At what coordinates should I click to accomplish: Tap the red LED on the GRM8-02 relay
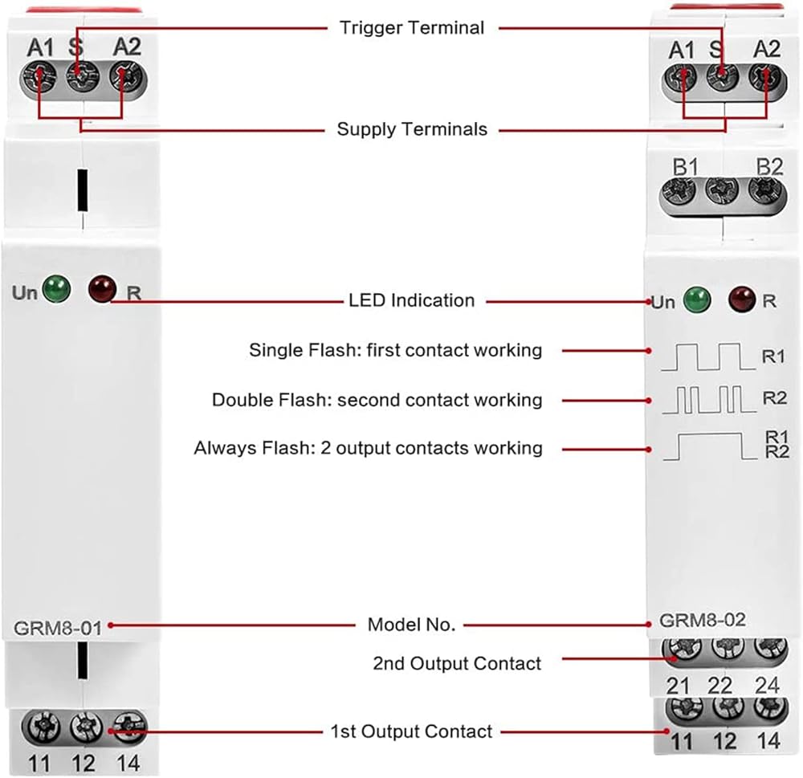coord(741,300)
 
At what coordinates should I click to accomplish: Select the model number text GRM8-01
coord(58,628)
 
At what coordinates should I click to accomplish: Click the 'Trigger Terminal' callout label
coord(412,28)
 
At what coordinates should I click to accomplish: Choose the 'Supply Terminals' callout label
coord(412,129)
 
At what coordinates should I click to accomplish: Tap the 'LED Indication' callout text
coord(411,300)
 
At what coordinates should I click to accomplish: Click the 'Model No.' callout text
coord(411,624)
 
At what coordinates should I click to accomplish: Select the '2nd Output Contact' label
coord(457,663)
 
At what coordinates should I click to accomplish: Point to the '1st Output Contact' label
coord(411,731)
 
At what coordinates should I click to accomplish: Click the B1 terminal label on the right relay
coord(685,167)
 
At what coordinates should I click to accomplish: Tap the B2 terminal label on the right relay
coord(768,167)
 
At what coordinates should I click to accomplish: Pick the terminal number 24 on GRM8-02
coord(768,685)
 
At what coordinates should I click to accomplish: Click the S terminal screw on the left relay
coord(78,79)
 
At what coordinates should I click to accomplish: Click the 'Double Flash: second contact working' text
coord(377,400)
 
